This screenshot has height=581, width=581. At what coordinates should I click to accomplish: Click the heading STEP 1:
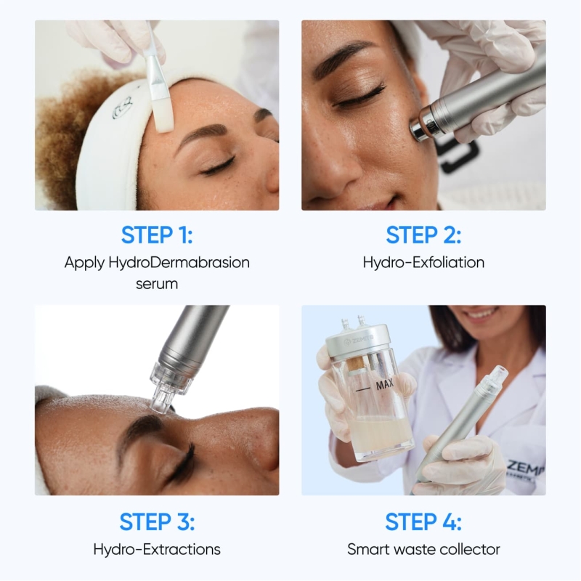(x=157, y=235)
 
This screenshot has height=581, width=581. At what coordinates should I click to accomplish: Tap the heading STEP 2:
(x=423, y=235)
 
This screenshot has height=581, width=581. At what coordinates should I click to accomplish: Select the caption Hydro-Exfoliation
(x=423, y=262)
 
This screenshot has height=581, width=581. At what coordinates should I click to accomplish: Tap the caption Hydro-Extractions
(x=157, y=549)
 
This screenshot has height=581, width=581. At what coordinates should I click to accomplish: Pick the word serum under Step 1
(x=157, y=283)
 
